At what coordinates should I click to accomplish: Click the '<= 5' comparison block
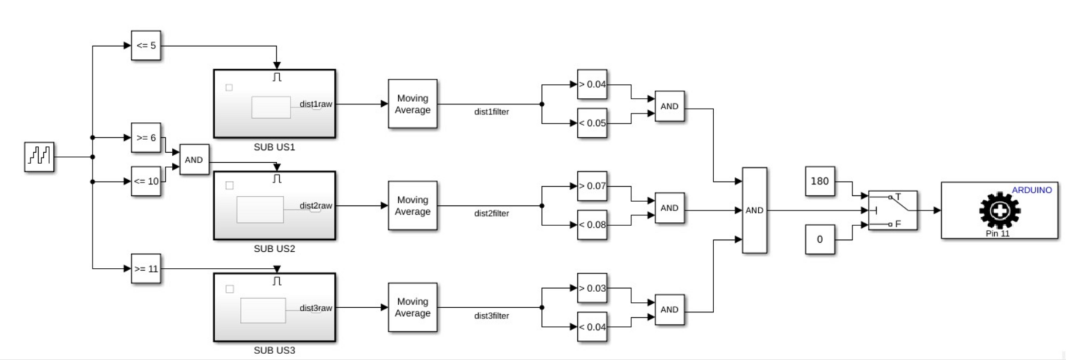(146, 46)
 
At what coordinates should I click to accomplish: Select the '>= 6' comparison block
(146, 138)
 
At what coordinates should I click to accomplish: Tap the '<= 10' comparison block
(146, 181)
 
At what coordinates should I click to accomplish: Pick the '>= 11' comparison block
(146, 269)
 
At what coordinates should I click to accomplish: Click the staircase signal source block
(39, 157)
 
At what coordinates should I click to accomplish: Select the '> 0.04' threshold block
(592, 85)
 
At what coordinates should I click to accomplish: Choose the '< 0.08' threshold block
(592, 225)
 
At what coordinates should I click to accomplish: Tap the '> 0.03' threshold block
(592, 289)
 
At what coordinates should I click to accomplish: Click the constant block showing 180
(819, 181)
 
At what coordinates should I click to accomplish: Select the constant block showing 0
(819, 239)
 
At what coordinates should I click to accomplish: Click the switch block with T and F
(893, 210)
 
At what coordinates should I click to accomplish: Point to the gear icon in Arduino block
(999, 210)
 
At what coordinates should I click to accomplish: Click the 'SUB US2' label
(274, 249)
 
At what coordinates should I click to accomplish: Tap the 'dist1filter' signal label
(491, 112)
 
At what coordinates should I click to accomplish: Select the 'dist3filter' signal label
(491, 316)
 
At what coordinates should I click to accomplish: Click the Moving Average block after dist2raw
(413, 206)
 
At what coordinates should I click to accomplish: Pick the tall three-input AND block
(754, 210)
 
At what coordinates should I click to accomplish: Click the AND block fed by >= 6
(193, 160)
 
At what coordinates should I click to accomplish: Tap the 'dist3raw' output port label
(315, 308)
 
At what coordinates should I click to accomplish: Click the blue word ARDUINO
(1031, 190)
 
